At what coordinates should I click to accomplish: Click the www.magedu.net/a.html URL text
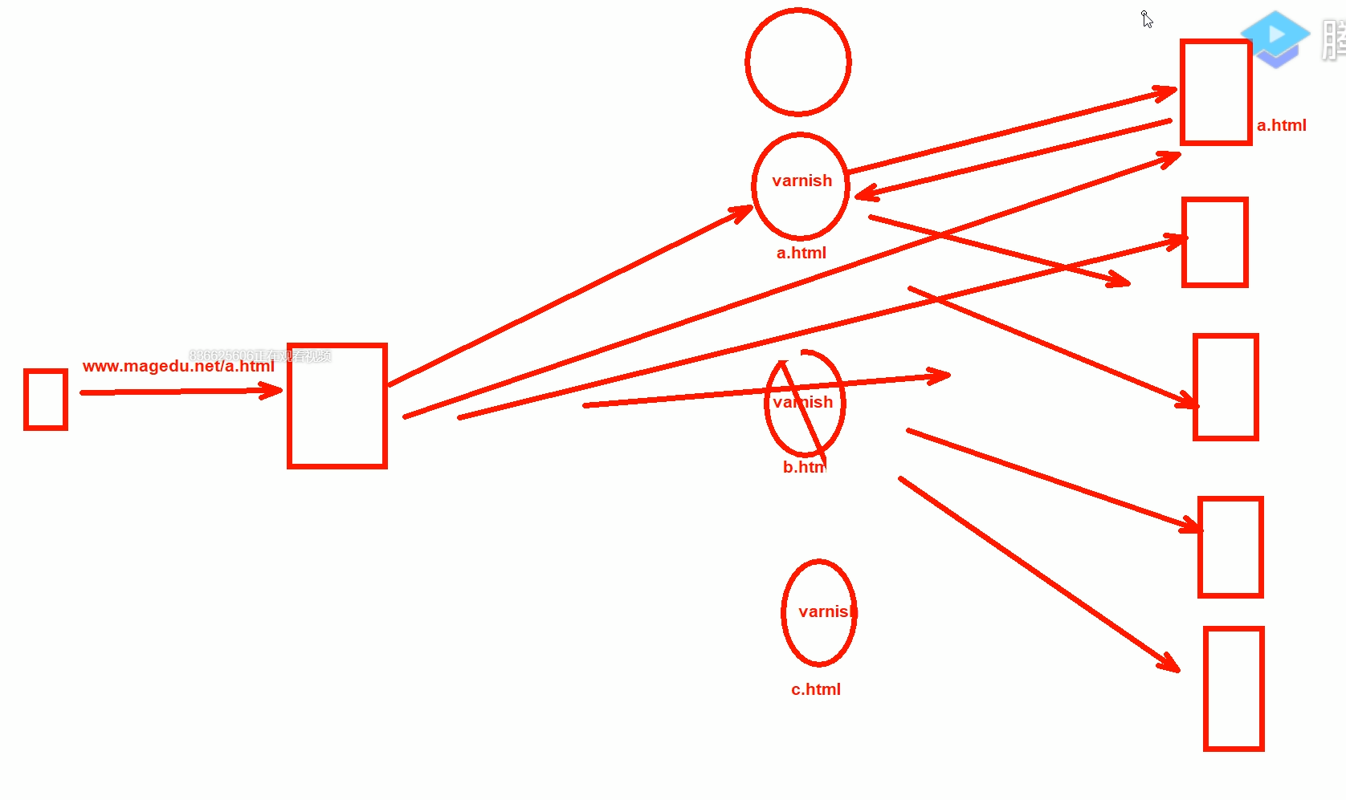[x=178, y=366]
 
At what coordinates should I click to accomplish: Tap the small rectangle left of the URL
[x=46, y=400]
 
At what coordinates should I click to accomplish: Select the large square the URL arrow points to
[x=337, y=406]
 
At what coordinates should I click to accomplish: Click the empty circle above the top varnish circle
[x=797, y=62]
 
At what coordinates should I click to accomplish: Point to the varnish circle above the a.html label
[x=801, y=186]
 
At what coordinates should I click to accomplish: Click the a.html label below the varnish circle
[x=801, y=253]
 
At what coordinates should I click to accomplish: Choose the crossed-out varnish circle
[x=805, y=403]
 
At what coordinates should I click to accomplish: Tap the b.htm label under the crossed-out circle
[x=803, y=467]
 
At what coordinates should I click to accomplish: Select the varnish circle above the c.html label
[x=818, y=612]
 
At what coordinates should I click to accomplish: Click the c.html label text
[x=815, y=689]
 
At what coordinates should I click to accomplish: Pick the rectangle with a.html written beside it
[x=1216, y=92]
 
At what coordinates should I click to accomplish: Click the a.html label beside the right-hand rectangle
[x=1281, y=125]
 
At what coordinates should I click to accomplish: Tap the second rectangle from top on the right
[x=1214, y=242]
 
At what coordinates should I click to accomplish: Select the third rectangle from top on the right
[x=1226, y=388]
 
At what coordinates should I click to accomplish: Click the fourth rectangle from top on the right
[x=1230, y=547]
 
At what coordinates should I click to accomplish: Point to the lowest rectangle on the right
[x=1234, y=688]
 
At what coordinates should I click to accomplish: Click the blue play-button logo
[x=1275, y=37]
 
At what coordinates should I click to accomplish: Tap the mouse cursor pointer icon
[x=1147, y=19]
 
